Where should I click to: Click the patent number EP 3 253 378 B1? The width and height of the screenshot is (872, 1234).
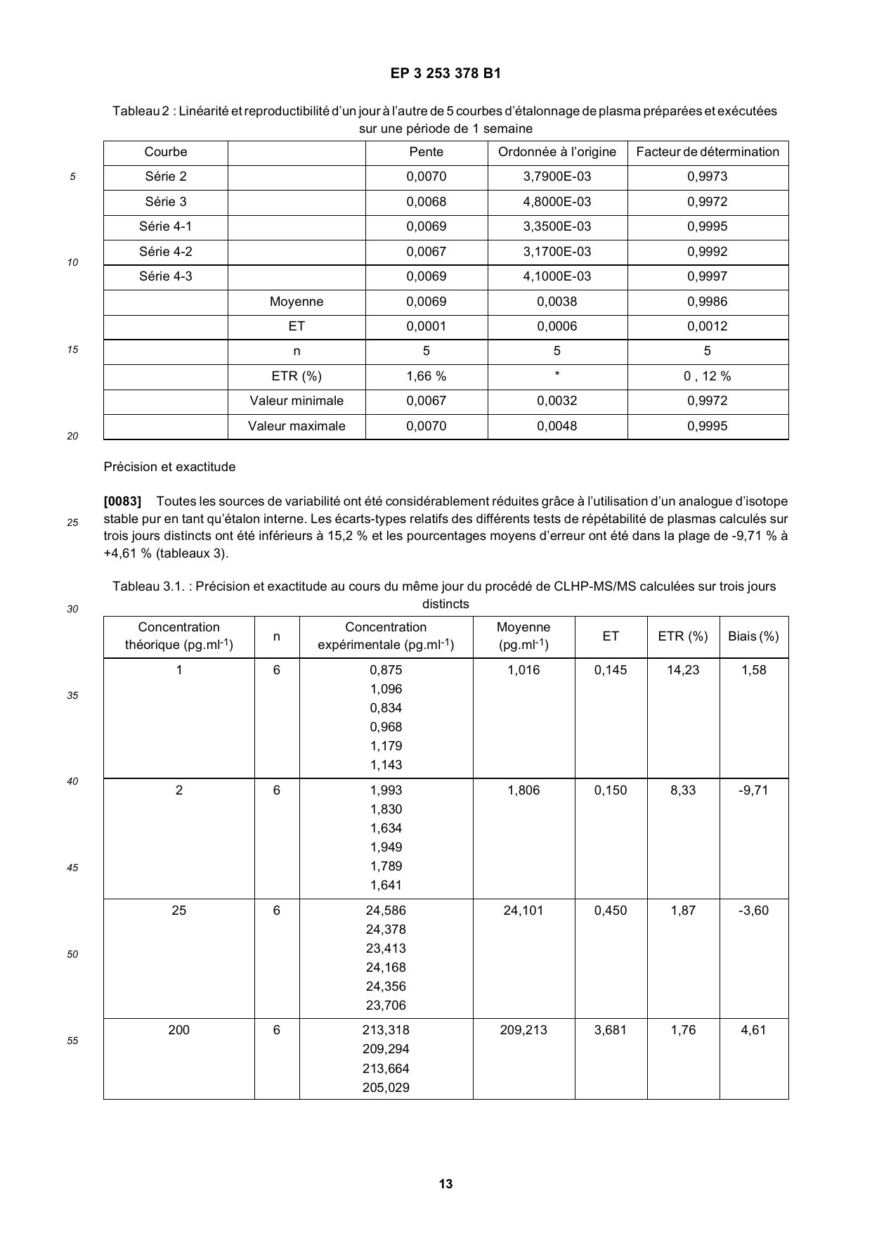coord(445,73)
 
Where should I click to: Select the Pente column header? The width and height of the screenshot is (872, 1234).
coord(426,152)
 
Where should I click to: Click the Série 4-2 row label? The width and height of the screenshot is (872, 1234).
coord(165,252)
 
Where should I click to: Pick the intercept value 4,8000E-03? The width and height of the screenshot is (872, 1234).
coord(557,202)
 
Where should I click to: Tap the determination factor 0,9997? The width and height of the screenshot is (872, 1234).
coord(707,276)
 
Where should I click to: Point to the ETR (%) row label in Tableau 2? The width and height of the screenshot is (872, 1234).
coord(296,376)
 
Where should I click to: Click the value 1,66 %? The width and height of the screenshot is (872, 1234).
coord(426,376)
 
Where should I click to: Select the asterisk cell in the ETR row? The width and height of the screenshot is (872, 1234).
coord(557,375)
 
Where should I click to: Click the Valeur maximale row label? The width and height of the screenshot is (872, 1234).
coord(296,426)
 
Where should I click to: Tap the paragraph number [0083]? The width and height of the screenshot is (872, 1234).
coord(122,501)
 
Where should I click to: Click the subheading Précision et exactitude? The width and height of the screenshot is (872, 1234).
coord(169,467)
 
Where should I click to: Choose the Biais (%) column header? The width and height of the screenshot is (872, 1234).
coord(753,636)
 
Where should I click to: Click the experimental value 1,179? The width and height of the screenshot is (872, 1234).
coord(386,746)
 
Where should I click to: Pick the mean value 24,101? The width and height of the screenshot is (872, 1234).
coord(523,911)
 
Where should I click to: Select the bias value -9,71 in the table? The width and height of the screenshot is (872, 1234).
coord(753,790)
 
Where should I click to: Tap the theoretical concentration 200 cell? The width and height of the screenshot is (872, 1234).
coord(178,1030)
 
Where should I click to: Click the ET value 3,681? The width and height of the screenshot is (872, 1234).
coord(610,1030)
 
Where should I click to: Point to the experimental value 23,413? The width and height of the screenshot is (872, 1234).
coord(386,949)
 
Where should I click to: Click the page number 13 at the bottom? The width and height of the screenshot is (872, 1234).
coord(445,1184)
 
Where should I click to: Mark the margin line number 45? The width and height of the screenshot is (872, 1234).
coord(72,868)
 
